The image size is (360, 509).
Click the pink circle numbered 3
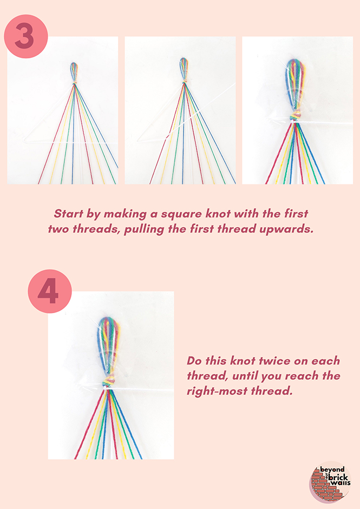pos(26,36)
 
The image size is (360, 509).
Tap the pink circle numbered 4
pos(50,291)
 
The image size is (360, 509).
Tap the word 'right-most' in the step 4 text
pos(213,391)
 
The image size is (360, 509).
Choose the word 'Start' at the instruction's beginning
pos(69,214)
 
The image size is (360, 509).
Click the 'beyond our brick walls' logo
pos(330,482)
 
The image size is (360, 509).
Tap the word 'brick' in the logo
pos(338,477)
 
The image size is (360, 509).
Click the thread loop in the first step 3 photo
pos(74,72)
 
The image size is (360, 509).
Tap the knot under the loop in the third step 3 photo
pos(296,115)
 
